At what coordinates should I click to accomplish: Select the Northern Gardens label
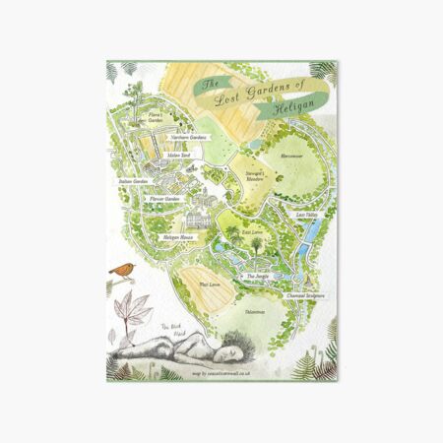pos(194,138)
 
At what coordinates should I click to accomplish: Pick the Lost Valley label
pos(306,213)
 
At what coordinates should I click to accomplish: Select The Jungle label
pos(258,277)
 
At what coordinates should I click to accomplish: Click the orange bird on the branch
pos(123,269)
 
